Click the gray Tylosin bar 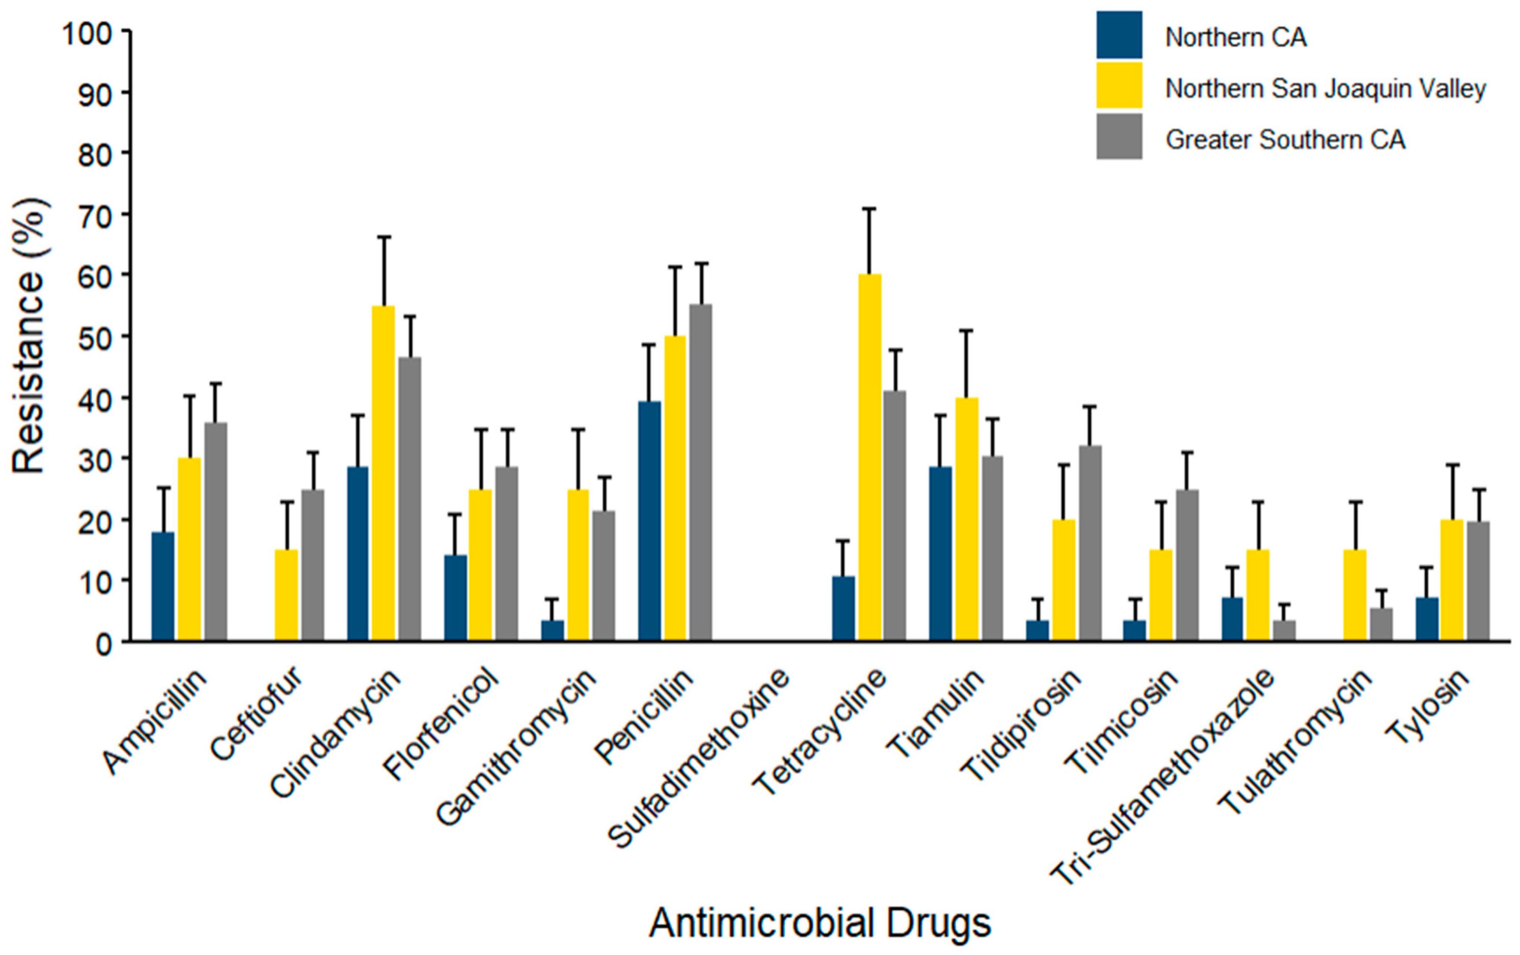(1478, 581)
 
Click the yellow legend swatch (1119, 85)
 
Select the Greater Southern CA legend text (1285, 140)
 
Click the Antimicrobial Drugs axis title (820, 923)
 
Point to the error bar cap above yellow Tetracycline (869, 208)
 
